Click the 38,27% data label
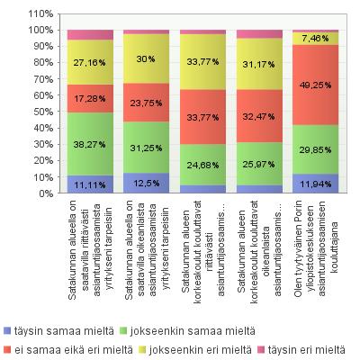[89, 145]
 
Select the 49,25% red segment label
[315, 85]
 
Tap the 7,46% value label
[315, 38]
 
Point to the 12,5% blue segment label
[147, 183]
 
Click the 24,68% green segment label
[202, 165]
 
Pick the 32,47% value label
[258, 116]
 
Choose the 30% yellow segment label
[146, 58]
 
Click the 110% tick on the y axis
[40, 13]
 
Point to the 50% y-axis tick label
[43, 112]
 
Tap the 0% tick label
[46, 193]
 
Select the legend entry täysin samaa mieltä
[58, 331]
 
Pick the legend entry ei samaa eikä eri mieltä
[68, 350]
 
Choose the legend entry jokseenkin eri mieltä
[194, 350]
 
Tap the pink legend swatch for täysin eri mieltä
[261, 350]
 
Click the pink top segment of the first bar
[90, 35]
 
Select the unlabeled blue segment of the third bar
[202, 189]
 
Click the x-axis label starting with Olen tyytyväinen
[316, 249]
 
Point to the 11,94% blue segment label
[315, 184]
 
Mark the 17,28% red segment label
[89, 98]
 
